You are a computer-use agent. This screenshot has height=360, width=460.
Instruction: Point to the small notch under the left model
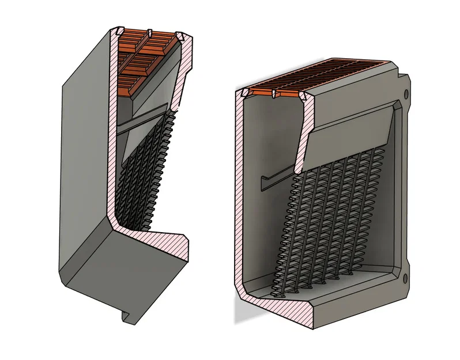[125, 316]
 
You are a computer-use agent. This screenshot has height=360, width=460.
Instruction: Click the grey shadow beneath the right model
[237, 311]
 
